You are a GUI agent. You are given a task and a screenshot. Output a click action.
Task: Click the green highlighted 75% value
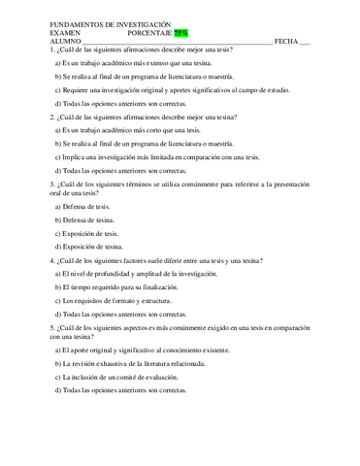tap(180, 32)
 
